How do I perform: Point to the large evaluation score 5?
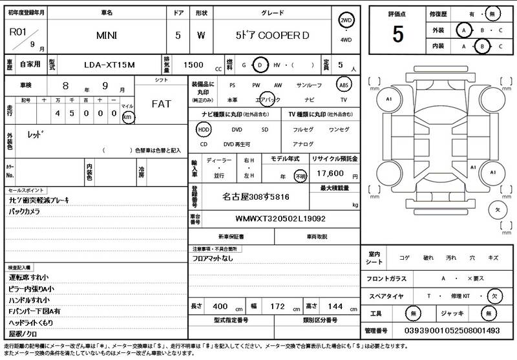[397, 32]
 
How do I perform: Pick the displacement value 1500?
[193, 65]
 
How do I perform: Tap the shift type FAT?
[161, 103]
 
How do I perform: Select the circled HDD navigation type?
[204, 129]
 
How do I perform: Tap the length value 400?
[221, 306]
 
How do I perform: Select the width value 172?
[277, 306]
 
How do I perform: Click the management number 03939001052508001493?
[450, 330]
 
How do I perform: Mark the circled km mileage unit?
[128, 117]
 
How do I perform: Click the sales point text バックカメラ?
[24, 211]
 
